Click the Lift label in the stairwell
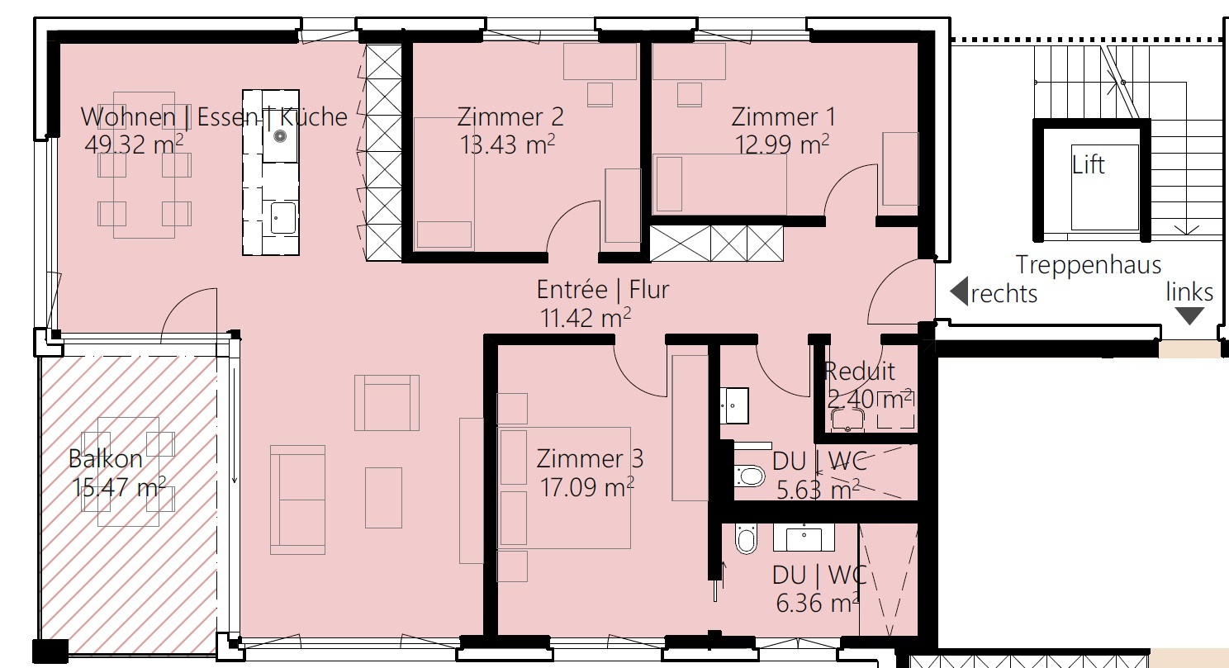point(1088,165)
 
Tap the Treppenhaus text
point(1088,265)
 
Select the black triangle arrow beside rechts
point(959,291)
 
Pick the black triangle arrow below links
point(1189,315)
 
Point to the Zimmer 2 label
point(510,117)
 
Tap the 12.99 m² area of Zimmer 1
point(782,144)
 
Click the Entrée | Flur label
point(602,290)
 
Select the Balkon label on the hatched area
point(106,459)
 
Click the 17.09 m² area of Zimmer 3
point(586,486)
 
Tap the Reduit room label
point(859,372)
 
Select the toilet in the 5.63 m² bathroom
point(749,476)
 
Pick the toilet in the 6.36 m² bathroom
point(746,539)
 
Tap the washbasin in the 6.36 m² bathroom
point(803,538)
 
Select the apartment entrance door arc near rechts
point(890,293)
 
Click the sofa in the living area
point(297,500)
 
